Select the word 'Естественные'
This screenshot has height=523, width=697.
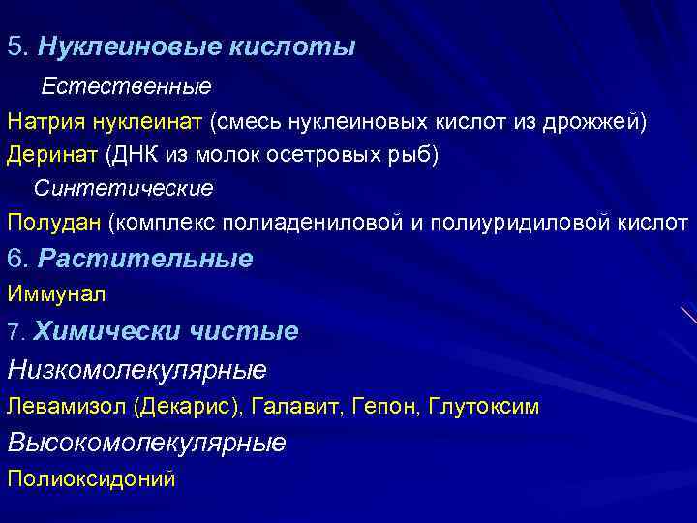(125, 88)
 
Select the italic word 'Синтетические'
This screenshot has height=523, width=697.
(124, 187)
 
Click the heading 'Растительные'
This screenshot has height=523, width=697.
(146, 259)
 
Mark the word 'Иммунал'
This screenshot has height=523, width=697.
(56, 293)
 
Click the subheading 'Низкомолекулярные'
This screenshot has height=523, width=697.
(136, 370)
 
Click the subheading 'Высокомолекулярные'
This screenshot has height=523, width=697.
(146, 443)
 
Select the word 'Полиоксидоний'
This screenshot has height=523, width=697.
(91, 478)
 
